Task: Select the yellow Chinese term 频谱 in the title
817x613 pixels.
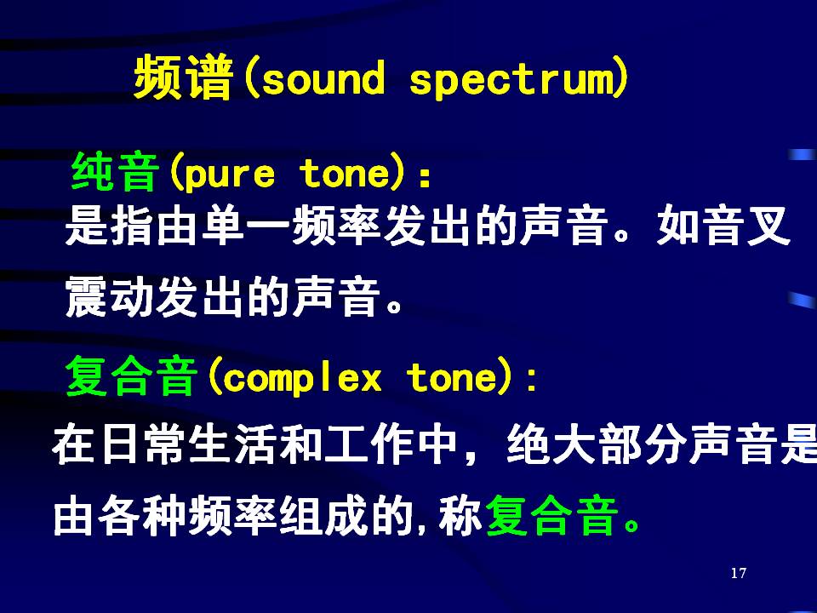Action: (x=183, y=77)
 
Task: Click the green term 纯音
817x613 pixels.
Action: (x=115, y=173)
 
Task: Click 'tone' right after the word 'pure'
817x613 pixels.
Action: (x=344, y=173)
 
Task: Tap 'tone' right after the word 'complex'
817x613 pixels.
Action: (x=452, y=377)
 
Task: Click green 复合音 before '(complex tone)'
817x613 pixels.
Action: (x=131, y=376)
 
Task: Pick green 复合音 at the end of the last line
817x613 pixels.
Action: (x=551, y=516)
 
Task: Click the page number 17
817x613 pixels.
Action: (x=739, y=573)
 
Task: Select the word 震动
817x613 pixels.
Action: (x=109, y=296)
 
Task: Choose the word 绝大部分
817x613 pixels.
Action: (x=597, y=444)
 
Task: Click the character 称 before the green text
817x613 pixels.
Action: (x=460, y=516)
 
